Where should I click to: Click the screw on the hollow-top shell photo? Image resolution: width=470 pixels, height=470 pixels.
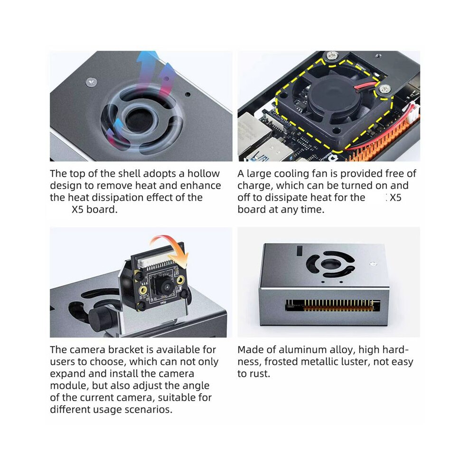coord(92,82)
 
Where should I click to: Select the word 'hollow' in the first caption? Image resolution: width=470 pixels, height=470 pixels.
coord(204,174)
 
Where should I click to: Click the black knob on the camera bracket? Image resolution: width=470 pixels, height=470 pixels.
coord(101,319)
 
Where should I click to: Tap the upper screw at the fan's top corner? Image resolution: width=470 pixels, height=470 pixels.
coord(332,55)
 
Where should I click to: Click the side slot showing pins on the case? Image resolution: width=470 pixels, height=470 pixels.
coord(332,305)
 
